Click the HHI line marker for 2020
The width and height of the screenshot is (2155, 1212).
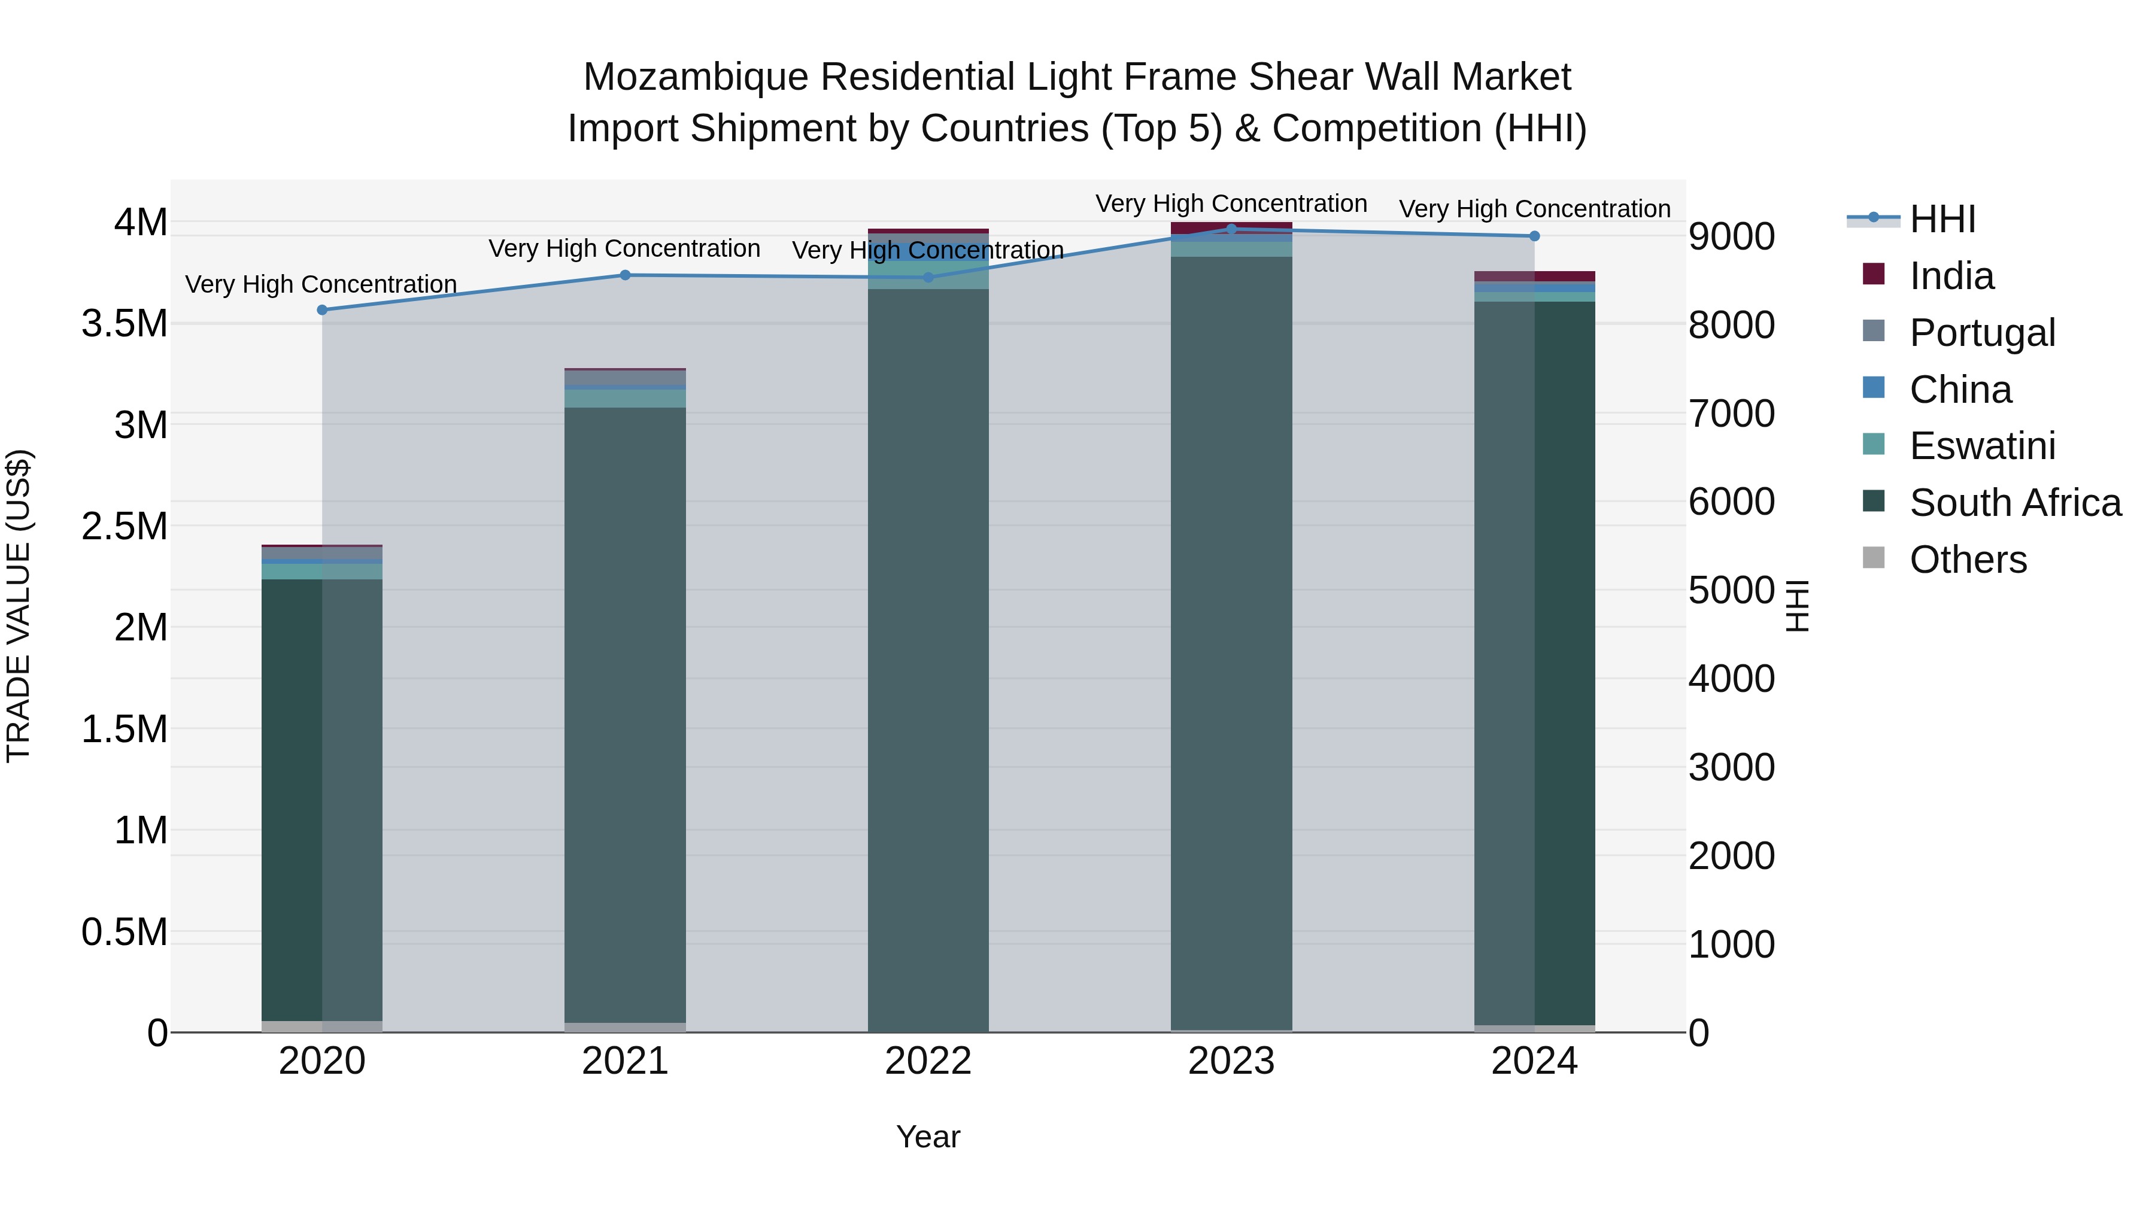tap(322, 310)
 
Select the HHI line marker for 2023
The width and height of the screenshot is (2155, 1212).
tap(1231, 229)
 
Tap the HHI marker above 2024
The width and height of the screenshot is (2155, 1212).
tap(1534, 236)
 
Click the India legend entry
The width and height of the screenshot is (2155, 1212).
tap(1951, 276)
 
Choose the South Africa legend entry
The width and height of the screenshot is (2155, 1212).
tap(2014, 503)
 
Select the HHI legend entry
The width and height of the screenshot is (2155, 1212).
tap(1942, 219)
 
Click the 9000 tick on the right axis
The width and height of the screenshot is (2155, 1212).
tap(1731, 236)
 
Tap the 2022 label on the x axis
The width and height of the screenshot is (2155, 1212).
tap(928, 1061)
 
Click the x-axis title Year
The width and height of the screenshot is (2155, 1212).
tap(928, 1137)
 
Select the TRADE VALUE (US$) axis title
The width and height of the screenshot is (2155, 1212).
tap(19, 606)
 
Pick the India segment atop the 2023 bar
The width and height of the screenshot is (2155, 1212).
tap(1231, 227)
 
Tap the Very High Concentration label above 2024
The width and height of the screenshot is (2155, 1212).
tap(1534, 209)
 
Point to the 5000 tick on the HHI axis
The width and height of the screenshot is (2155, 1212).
tap(1731, 591)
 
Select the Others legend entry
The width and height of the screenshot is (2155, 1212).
tap(1967, 560)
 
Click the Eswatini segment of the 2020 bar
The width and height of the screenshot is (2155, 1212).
tap(322, 572)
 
